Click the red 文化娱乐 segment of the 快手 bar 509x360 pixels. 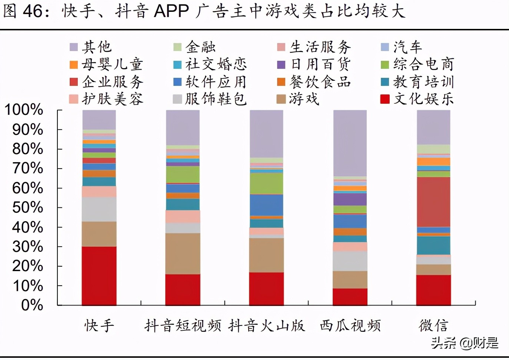click(x=99, y=276)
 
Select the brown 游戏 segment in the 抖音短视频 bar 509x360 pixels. click(x=183, y=253)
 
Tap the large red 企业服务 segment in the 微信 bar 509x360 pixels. click(x=433, y=202)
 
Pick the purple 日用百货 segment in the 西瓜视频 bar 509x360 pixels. click(x=350, y=199)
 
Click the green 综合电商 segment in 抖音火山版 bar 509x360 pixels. click(x=266, y=183)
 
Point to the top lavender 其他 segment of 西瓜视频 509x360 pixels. click(x=350, y=143)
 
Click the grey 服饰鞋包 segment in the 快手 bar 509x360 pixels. click(x=99, y=209)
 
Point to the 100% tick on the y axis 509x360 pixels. click(x=24, y=110)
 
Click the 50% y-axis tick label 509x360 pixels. click(x=27, y=208)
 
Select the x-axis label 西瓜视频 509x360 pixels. click(x=350, y=326)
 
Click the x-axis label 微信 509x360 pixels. click(x=433, y=326)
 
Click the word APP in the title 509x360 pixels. click(x=172, y=11)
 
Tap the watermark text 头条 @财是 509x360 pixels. click(x=465, y=343)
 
